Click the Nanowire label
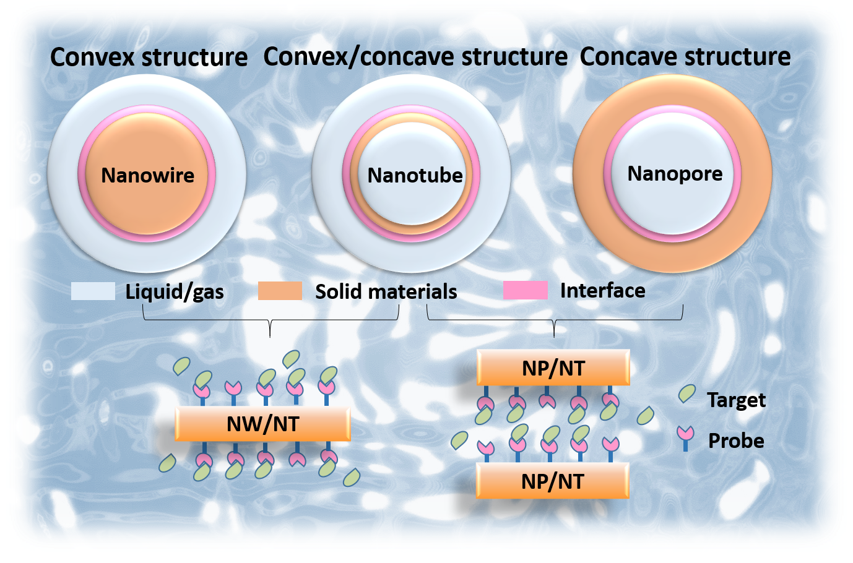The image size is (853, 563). point(147,176)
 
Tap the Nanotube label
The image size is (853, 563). point(415,176)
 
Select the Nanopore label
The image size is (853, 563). point(675,174)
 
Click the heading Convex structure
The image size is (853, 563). point(149,58)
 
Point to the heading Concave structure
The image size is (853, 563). point(685,57)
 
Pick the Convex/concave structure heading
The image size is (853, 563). point(415,57)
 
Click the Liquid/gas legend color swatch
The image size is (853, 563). point(93,291)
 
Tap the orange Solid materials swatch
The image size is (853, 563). point(280,291)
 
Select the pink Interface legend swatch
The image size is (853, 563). point(526,290)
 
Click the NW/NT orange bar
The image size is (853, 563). point(263,424)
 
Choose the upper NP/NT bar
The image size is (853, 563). point(553,368)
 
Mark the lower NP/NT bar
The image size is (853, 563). point(552,481)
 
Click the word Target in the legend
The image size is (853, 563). point(736,400)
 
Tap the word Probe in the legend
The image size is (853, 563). point(736,441)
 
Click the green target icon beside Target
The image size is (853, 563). point(686,393)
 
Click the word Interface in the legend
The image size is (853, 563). point(602,291)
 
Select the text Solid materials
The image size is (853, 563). point(386,291)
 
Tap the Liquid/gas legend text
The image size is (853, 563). point(175,291)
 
